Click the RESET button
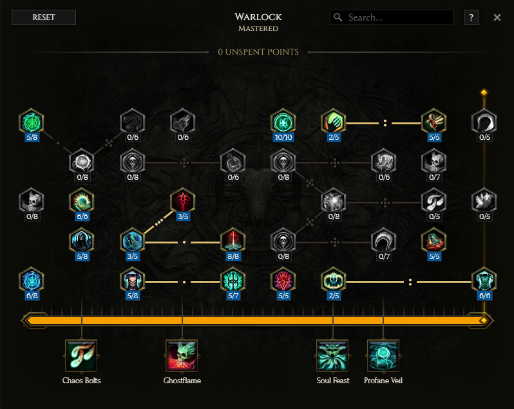pyautogui.click(x=44, y=17)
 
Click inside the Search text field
pyautogui.click(x=399, y=17)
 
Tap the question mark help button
pyautogui.click(x=471, y=17)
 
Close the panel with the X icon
pyautogui.click(x=497, y=17)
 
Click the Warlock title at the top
pyautogui.click(x=258, y=16)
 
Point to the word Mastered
pyautogui.click(x=258, y=28)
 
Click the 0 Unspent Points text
pyautogui.click(x=258, y=52)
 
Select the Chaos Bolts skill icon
pyautogui.click(x=81, y=356)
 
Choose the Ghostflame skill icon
pyautogui.click(x=182, y=356)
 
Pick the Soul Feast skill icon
pyautogui.click(x=333, y=356)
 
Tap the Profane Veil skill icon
pyautogui.click(x=383, y=356)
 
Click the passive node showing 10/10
pyautogui.click(x=282, y=121)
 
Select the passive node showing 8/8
pyautogui.click(x=233, y=242)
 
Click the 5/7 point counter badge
pyautogui.click(x=233, y=296)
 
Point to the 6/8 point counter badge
pyautogui.click(x=31, y=296)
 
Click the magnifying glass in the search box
pyautogui.click(x=338, y=17)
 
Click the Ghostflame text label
pyautogui.click(x=182, y=381)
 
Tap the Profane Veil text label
pyautogui.click(x=383, y=381)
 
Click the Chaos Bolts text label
pyautogui.click(x=81, y=381)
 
